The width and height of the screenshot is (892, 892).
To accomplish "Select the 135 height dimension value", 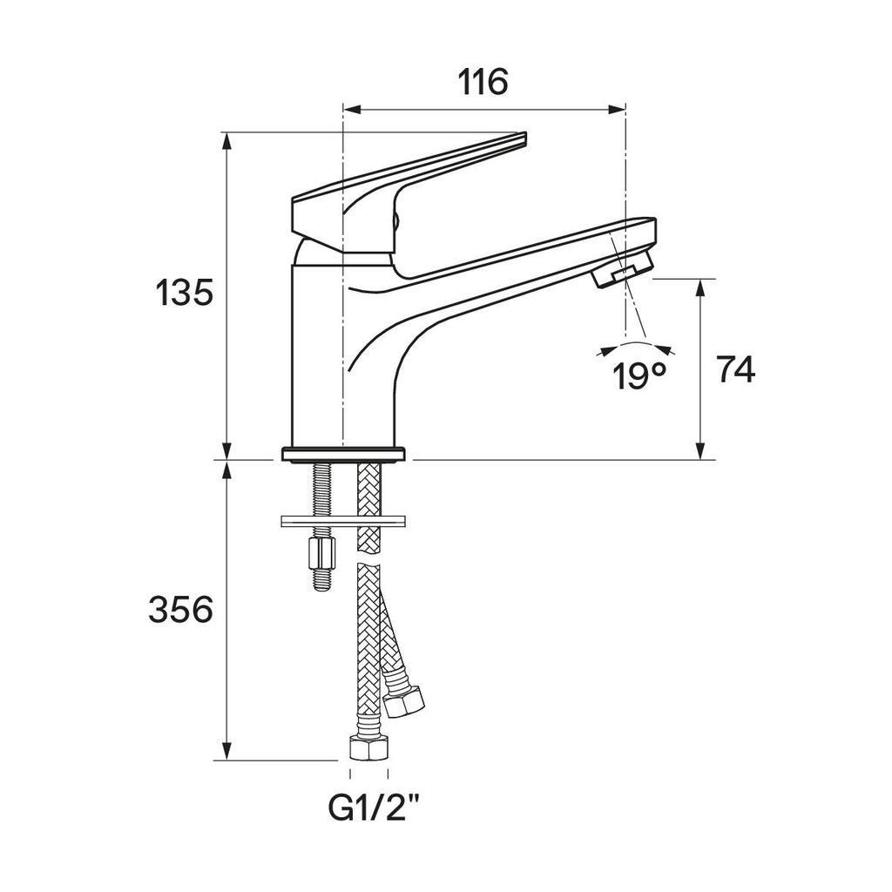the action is pyautogui.click(x=185, y=293).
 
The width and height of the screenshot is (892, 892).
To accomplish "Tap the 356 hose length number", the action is pyautogui.click(x=181, y=609).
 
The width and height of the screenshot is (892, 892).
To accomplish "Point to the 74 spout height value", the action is pyautogui.click(x=736, y=368).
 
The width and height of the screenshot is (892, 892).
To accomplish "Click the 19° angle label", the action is pyautogui.click(x=639, y=375).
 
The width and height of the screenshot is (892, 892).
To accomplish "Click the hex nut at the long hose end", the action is pyautogui.click(x=368, y=747).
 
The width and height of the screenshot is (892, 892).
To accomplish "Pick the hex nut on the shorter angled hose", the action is pyautogui.click(x=404, y=701).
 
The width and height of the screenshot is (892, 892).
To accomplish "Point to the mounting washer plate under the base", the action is pyautogui.click(x=343, y=521).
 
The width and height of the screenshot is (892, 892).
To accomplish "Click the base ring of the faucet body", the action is pyautogui.click(x=343, y=454).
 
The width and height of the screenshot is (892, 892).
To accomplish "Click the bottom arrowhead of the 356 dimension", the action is pyautogui.click(x=227, y=751).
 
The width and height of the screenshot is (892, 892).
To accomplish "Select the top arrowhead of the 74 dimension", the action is pyautogui.click(x=700, y=287).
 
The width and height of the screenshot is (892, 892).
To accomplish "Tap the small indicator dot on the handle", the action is pyautogui.click(x=396, y=220).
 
